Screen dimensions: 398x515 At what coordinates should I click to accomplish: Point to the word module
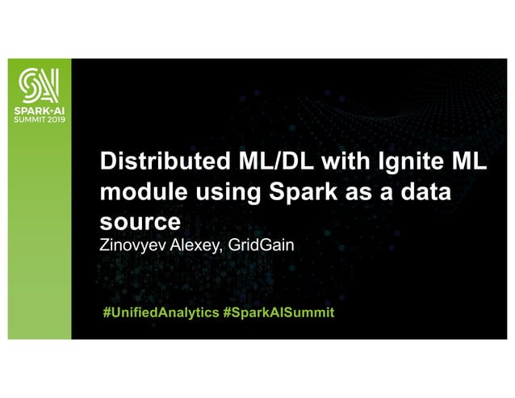pos(136,193)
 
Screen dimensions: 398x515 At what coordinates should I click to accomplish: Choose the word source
pos(136,221)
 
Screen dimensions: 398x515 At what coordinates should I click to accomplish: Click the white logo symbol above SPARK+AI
pos(36,83)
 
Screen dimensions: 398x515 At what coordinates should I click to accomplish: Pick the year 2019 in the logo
pos(54,117)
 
